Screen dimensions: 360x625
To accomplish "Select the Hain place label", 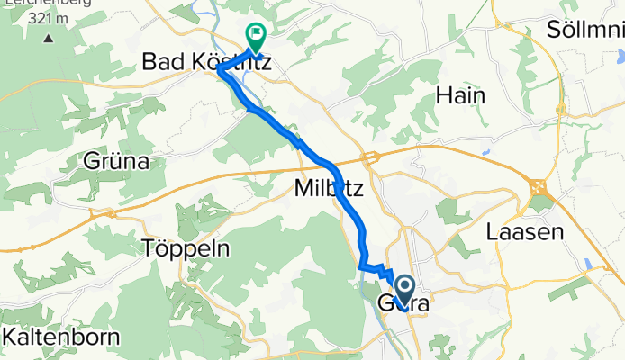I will pyautogui.click(x=460, y=95).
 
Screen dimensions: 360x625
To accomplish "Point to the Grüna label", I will pyautogui.click(x=115, y=162).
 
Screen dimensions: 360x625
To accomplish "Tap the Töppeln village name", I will pyautogui.click(x=186, y=248).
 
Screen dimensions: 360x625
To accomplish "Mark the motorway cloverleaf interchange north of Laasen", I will pyautogui.click(x=540, y=187).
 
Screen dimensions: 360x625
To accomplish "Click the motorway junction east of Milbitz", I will pyautogui.click(x=369, y=160).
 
